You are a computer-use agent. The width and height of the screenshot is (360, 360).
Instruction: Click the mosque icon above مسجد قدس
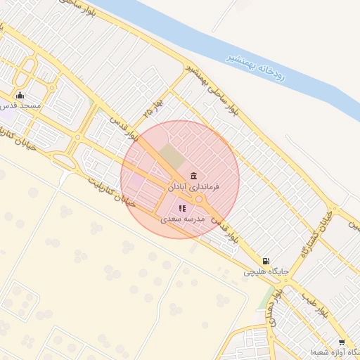pyautogui.click(x=20, y=96)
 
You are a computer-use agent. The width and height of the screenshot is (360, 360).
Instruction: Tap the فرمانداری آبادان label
pyautogui.click(x=193, y=187)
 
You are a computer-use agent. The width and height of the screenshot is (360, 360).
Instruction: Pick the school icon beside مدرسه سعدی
pyautogui.click(x=182, y=208)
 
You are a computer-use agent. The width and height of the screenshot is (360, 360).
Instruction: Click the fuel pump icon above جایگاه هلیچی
pyautogui.click(x=266, y=261)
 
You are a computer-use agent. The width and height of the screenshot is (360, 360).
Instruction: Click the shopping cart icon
pyautogui.click(x=342, y=342)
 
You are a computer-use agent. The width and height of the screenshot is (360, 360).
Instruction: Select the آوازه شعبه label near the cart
pyautogui.click(x=333, y=352)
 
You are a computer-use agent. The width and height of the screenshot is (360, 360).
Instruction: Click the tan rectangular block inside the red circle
pyautogui.click(x=169, y=155)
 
